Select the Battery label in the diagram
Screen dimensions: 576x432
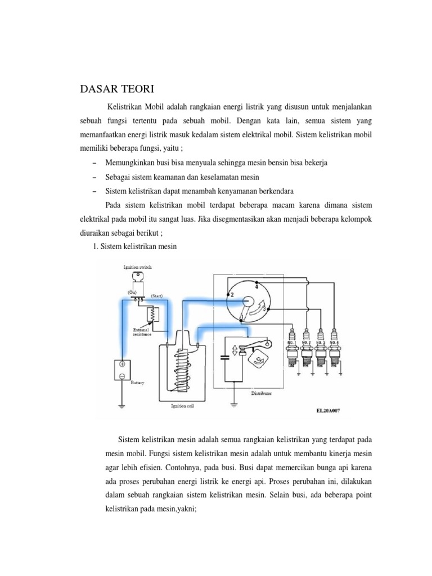pyautogui.click(x=137, y=383)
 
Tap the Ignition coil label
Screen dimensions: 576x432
pyautogui.click(x=181, y=405)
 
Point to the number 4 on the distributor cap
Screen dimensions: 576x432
pyautogui.click(x=257, y=286)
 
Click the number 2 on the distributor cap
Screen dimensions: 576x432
pyautogui.click(x=231, y=294)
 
